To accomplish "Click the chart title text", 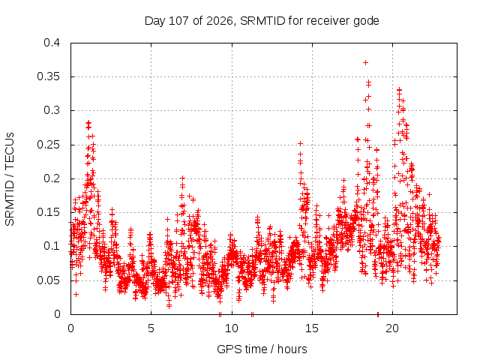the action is coord(262,21).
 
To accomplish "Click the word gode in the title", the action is coord(366,21).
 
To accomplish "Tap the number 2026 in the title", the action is coord(220,21).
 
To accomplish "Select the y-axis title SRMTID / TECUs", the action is coord(10,179).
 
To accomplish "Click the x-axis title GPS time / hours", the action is coord(262,349).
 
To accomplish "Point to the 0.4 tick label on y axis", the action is coord(52,43).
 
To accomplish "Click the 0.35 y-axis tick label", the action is coord(48,76).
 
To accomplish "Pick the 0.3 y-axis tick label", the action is coord(52,110).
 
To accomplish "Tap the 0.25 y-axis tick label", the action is coord(48,145).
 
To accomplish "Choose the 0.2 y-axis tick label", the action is coord(52,178).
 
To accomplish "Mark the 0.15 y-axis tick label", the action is coord(48,212).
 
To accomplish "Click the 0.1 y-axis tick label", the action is coord(52,246).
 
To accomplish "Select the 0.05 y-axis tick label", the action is coord(48,280).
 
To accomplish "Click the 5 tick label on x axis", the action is coord(151,328).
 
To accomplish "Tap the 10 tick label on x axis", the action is coord(232,328).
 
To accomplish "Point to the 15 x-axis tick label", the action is coord(312,328).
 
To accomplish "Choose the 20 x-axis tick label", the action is coord(392,328).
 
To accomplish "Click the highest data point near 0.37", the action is coord(365,63).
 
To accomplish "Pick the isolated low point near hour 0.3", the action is coord(76,295).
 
